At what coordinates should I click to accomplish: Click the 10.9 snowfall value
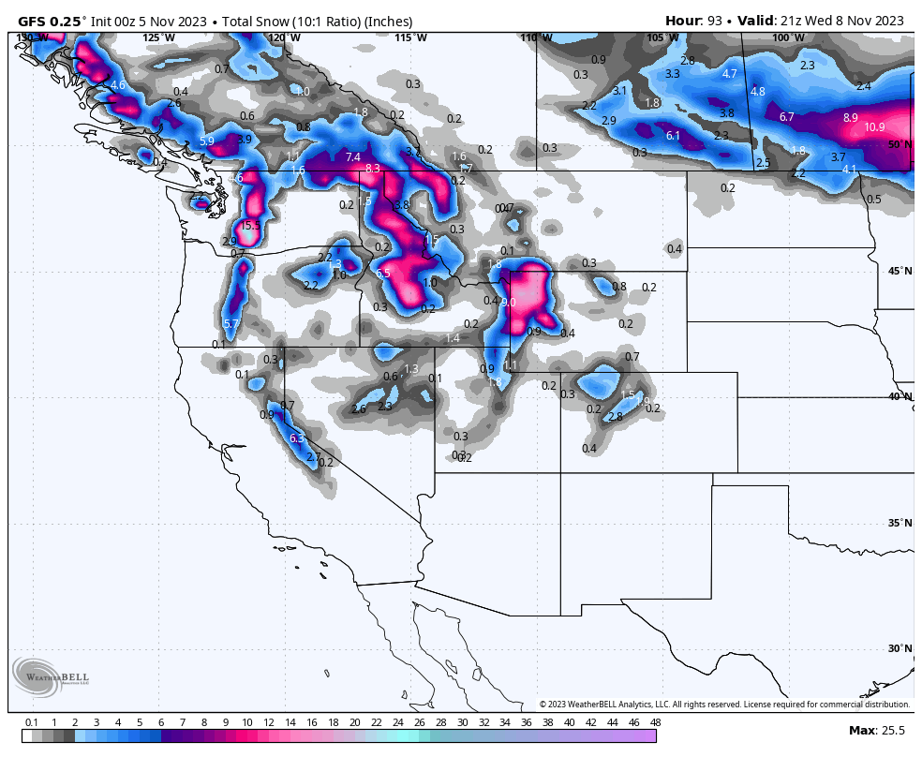pos(874,127)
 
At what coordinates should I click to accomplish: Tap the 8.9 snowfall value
pos(850,118)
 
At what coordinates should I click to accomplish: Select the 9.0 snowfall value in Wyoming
pos(509,303)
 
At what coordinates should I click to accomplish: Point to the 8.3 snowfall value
pos(373,169)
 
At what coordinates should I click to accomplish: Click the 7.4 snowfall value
pos(353,156)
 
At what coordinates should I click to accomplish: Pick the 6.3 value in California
pos(297,438)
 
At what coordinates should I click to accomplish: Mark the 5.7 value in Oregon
pos(231,324)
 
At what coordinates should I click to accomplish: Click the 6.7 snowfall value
pos(787,117)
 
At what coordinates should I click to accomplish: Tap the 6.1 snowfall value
pos(673,136)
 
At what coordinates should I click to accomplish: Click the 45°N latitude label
pos(900,272)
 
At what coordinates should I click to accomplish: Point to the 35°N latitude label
pos(900,523)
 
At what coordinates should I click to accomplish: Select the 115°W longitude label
pos(410,37)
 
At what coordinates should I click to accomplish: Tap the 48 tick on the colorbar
pos(655,722)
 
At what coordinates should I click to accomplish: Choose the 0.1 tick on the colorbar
pos(31,722)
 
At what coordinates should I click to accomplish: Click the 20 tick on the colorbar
pos(354,722)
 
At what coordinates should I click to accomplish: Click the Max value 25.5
pos(891,731)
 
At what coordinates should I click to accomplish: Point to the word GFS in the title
pos(34,21)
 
